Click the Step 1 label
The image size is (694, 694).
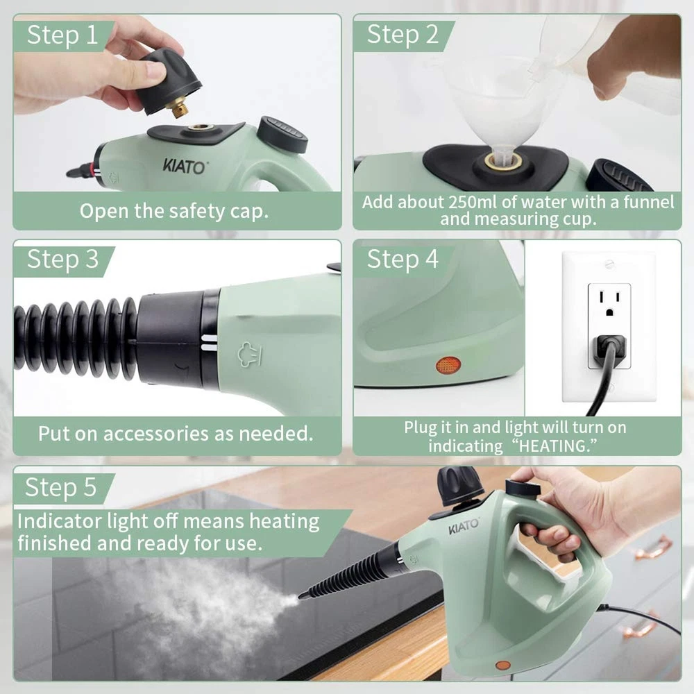[62, 35]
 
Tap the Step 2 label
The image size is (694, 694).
[403, 35]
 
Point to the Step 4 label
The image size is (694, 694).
[403, 259]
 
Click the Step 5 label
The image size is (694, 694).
[60, 487]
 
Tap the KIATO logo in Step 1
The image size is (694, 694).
[184, 167]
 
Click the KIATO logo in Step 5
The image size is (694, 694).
[464, 527]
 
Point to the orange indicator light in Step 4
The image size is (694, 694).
[448, 365]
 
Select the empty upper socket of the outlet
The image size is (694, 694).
[609, 303]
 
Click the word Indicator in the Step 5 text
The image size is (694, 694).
[59, 521]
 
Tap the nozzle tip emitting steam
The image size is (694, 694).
[302, 595]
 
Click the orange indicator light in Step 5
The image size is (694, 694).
[502, 666]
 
